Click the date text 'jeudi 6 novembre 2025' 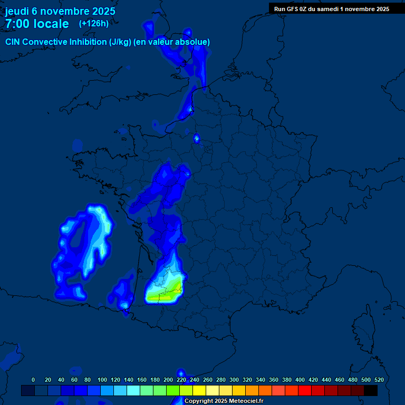[x=60, y=11]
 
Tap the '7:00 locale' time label [x=37, y=24]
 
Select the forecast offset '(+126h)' [x=94, y=23]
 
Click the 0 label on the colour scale [x=33, y=380]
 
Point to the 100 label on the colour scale [x=102, y=380]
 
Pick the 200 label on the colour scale [x=168, y=380]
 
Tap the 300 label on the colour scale [x=234, y=380]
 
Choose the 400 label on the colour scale [x=300, y=380]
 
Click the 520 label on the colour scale [x=379, y=380]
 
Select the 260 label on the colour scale [x=208, y=380]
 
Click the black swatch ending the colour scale [x=371, y=390]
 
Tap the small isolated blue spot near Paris [x=197, y=139]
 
